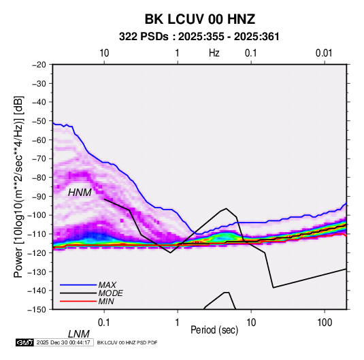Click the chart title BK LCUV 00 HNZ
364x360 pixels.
click(x=200, y=19)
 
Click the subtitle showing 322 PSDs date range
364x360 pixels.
click(x=199, y=37)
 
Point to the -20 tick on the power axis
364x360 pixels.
click(x=39, y=65)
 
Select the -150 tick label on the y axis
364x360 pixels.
click(x=37, y=310)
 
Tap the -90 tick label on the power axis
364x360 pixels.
click(x=39, y=197)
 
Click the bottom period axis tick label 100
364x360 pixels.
click(x=325, y=323)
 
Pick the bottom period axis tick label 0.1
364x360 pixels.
click(x=104, y=323)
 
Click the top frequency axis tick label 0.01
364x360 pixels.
click(x=324, y=53)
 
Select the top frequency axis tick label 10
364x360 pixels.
click(x=104, y=53)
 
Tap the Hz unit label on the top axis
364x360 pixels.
click(x=214, y=53)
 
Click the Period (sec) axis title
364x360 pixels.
click(x=214, y=330)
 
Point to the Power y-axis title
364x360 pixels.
click(x=18, y=187)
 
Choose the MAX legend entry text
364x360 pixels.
click(x=107, y=285)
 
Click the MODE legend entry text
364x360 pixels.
click(x=110, y=293)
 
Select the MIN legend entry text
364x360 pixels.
click(x=106, y=301)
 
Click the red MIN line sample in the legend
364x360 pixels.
click(x=78, y=301)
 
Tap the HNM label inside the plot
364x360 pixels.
click(x=80, y=193)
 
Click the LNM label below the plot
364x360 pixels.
click(x=79, y=334)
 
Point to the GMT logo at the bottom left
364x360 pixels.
click(x=25, y=342)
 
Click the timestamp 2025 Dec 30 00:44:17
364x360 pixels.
click(x=63, y=342)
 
